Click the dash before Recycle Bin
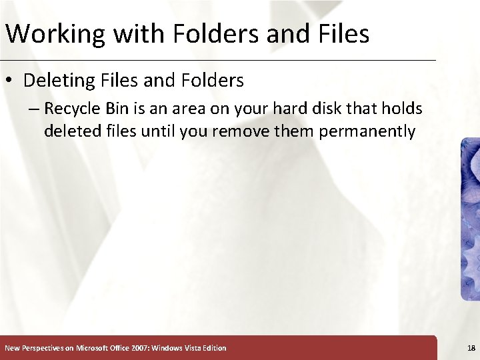[33, 109]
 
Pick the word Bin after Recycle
[119, 108]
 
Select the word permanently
[367, 131]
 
